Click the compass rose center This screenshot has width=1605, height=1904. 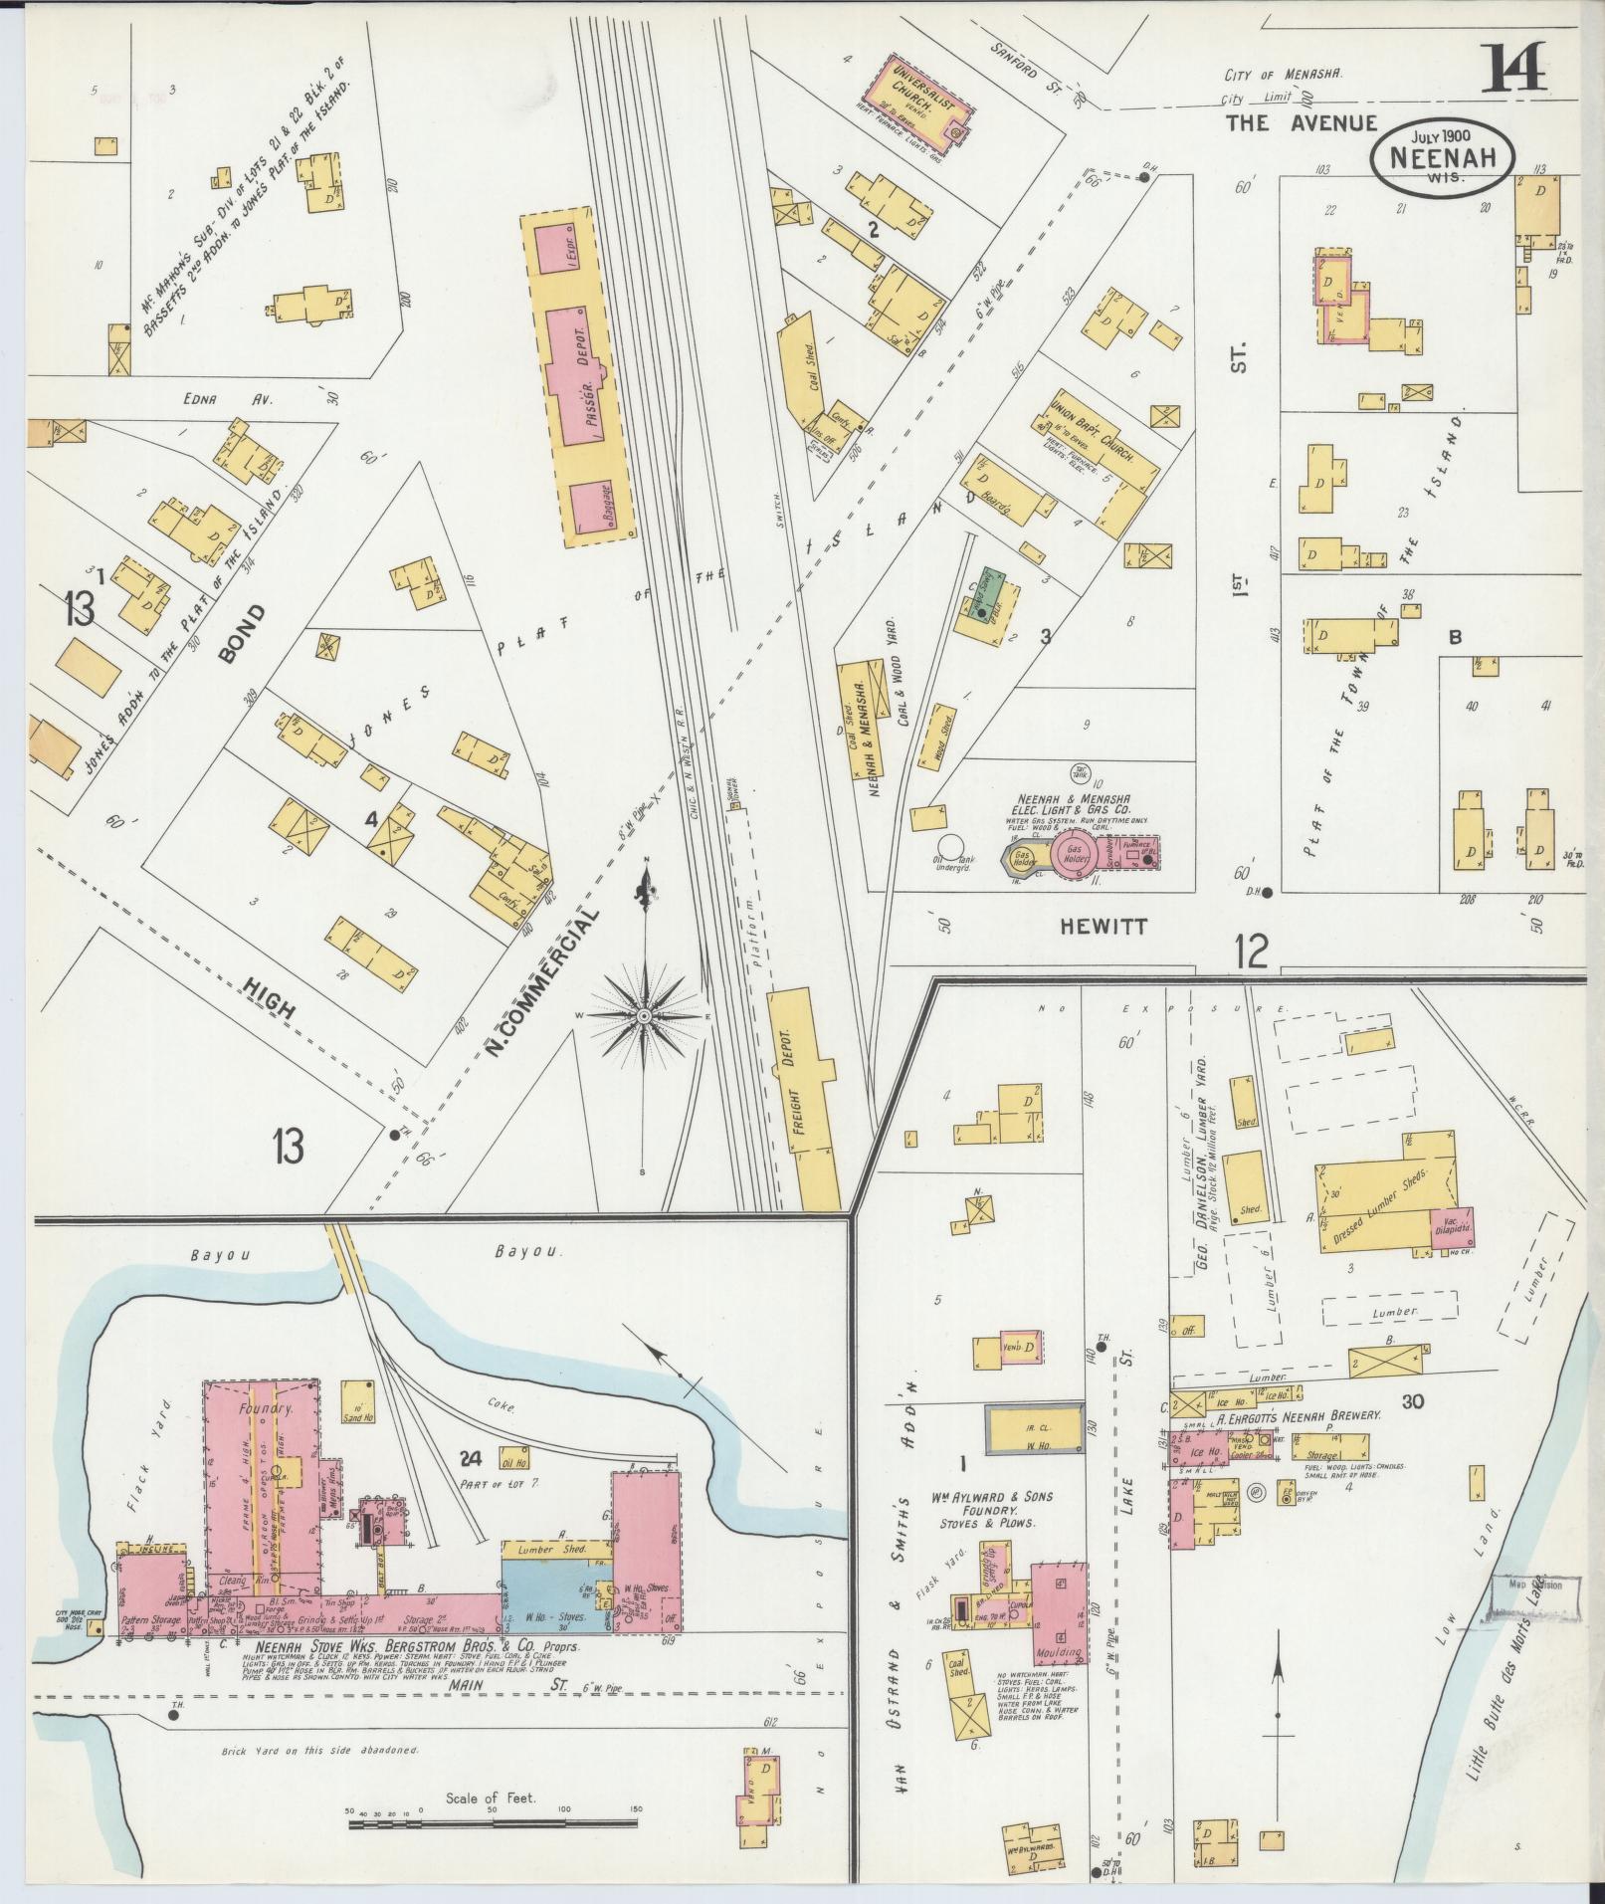pos(645,1014)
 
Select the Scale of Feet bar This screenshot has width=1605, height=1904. pos(493,1129)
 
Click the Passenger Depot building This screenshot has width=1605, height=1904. pos(578,376)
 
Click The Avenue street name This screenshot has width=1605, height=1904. pos(1301,123)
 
